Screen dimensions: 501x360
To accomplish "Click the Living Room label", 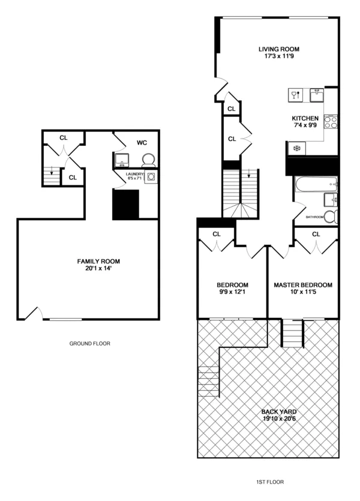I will [278, 49].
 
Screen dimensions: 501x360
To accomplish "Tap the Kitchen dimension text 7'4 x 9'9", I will [305, 126].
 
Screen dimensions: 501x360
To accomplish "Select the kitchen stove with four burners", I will [331, 122].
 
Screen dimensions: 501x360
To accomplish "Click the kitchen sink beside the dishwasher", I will [317, 95].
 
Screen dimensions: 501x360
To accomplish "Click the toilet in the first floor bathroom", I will [334, 217].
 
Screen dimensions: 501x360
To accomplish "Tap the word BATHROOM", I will [314, 217].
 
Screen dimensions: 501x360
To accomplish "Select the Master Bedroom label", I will [302, 285].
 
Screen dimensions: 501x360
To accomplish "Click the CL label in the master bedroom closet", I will [316, 234].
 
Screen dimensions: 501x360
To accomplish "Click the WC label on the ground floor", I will [142, 143].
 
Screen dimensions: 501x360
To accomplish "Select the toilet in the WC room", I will [148, 160].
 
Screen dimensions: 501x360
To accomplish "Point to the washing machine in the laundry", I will [151, 177].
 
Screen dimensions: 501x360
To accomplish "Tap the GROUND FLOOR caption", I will [90, 344].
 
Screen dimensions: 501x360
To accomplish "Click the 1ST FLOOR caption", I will [269, 481].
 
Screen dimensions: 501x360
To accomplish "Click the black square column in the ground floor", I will [126, 205].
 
